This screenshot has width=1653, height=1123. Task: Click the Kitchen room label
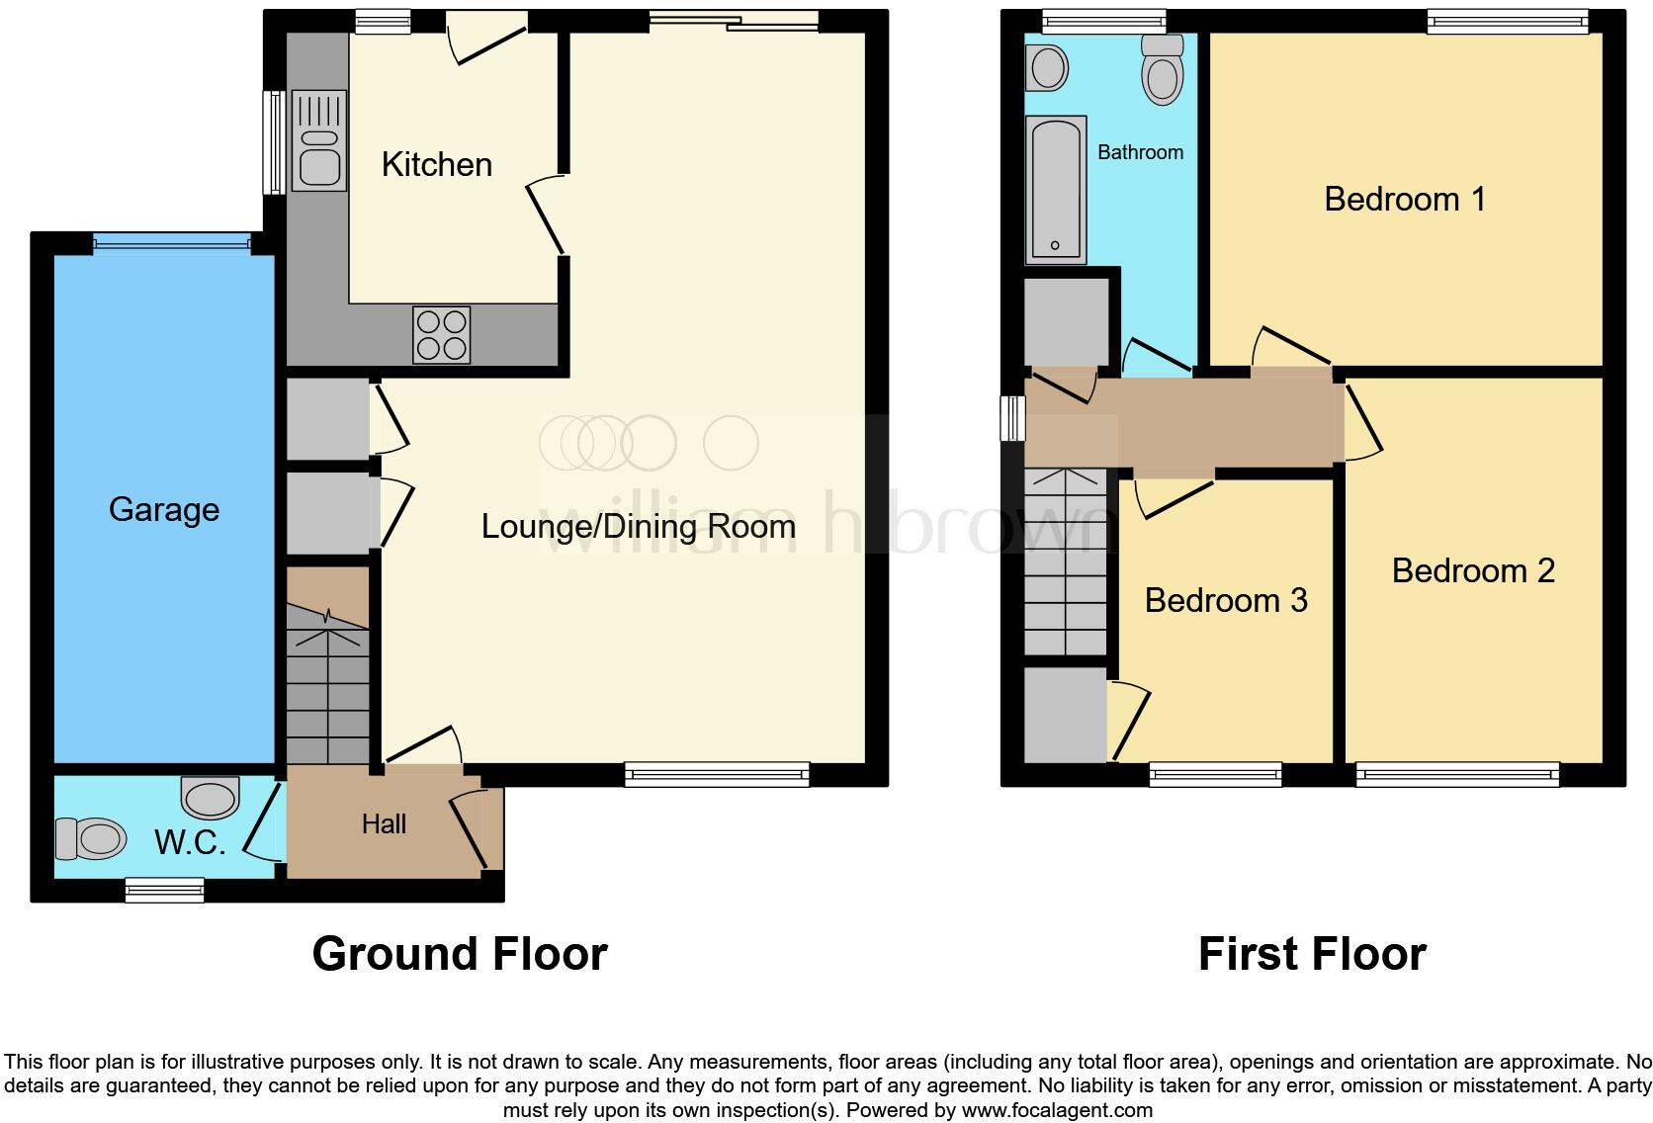tap(436, 164)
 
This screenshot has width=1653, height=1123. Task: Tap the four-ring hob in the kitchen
tap(441, 335)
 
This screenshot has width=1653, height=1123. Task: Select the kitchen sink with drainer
tap(318, 140)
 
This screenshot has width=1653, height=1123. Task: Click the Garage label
tap(163, 509)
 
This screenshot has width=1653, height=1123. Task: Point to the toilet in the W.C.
tap(91, 838)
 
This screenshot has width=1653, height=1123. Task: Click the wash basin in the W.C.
tap(210, 796)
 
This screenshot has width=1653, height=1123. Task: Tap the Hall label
tap(384, 823)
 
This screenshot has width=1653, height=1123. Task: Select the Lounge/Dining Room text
tap(638, 526)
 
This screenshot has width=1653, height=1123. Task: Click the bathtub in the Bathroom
tap(1055, 190)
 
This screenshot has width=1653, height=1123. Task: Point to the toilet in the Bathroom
tap(1162, 69)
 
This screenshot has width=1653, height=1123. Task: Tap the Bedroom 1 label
tap(1404, 199)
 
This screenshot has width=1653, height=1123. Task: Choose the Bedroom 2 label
tap(1472, 570)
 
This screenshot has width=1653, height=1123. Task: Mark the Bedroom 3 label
tap(1225, 600)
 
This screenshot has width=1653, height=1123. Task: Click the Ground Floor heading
tap(459, 954)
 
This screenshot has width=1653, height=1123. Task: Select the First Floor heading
tap(1311, 954)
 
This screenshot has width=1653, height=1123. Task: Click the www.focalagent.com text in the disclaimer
tap(1056, 1109)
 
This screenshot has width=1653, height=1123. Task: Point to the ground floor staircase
tap(327, 682)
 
